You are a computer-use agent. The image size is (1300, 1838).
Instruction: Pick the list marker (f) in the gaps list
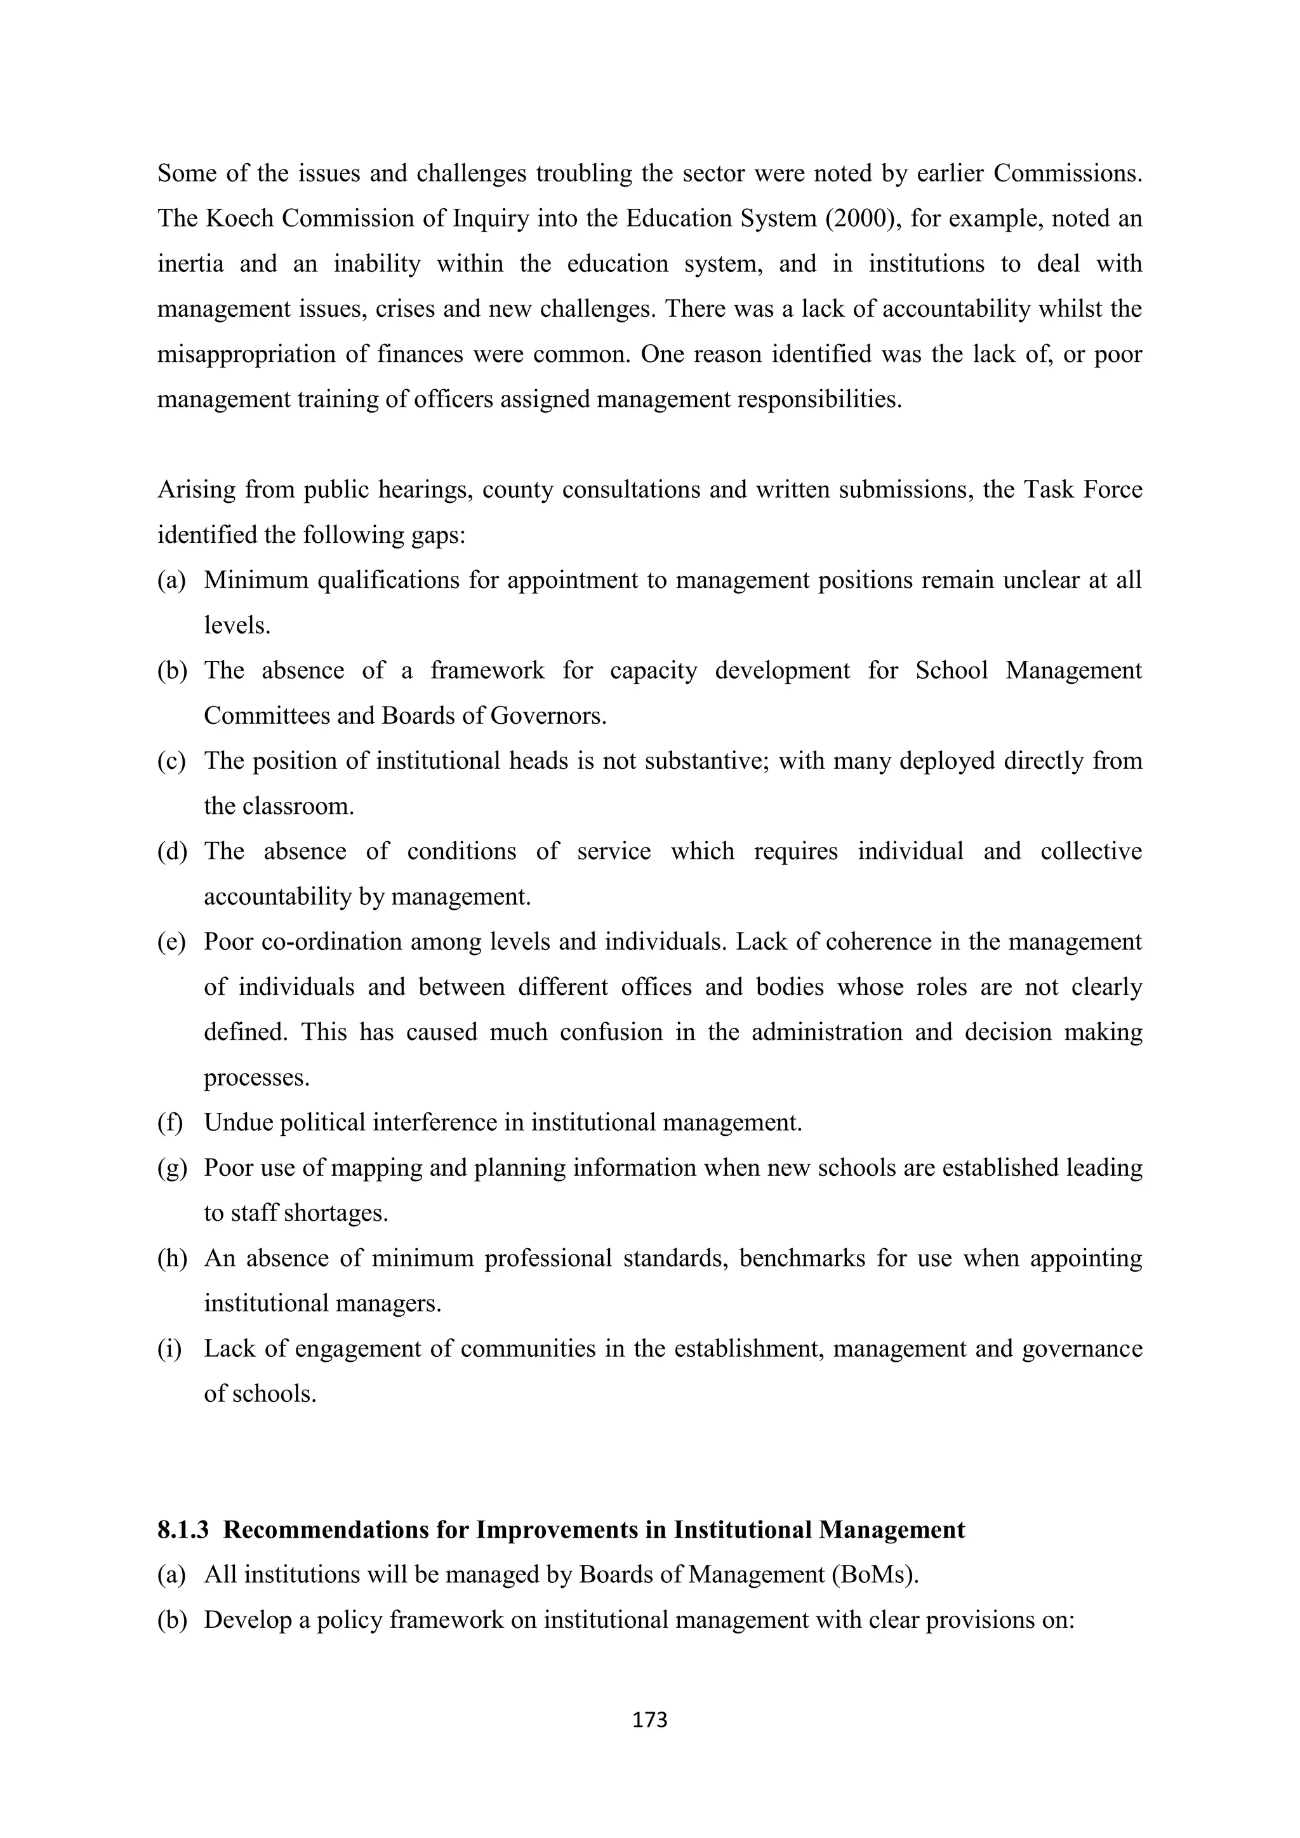[x=169, y=1122]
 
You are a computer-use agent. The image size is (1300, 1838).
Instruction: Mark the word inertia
[x=190, y=263]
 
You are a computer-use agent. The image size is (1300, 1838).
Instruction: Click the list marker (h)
[x=171, y=1258]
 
